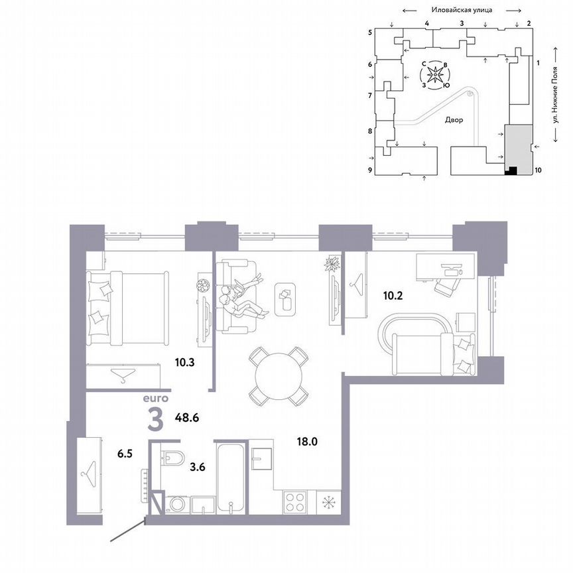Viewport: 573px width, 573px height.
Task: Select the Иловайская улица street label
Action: pyautogui.click(x=462, y=10)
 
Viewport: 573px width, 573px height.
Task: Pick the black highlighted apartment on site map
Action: pyautogui.click(x=511, y=170)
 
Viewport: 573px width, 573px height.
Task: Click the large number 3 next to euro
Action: pyautogui.click(x=155, y=420)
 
